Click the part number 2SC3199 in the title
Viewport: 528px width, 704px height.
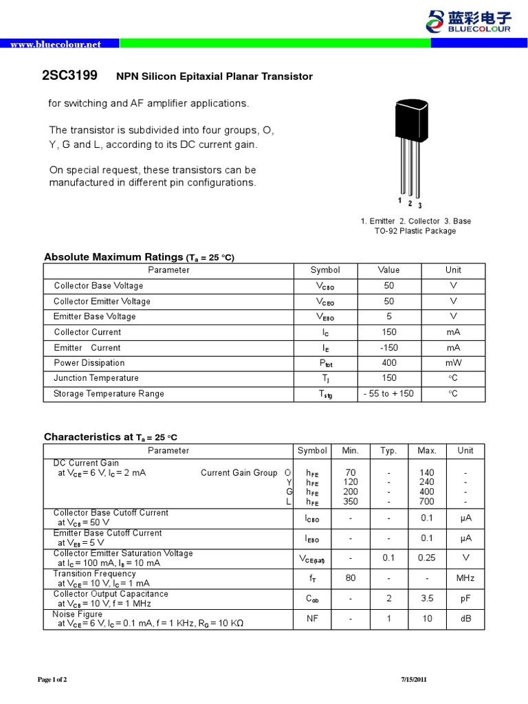(70, 76)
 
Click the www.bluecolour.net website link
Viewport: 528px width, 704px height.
(56, 44)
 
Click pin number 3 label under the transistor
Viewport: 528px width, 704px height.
(420, 206)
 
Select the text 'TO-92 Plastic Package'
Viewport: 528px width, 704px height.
(416, 231)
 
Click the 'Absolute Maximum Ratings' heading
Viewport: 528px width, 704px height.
(113, 257)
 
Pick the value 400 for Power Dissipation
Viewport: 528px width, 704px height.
(388, 363)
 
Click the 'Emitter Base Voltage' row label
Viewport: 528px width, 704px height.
(95, 316)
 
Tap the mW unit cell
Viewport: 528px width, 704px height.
(453, 363)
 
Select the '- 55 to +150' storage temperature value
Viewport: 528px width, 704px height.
(388, 394)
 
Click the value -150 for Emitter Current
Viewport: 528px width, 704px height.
(388, 348)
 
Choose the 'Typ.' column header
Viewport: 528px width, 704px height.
(388, 450)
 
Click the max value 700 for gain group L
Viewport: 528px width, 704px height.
(427, 503)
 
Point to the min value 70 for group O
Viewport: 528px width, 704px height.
(351, 472)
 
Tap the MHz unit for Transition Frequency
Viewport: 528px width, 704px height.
(465, 578)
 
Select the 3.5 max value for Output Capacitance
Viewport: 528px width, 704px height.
(427, 599)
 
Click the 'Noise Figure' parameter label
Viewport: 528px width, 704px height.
(78, 614)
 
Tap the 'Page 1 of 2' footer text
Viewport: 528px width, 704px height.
(52, 680)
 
